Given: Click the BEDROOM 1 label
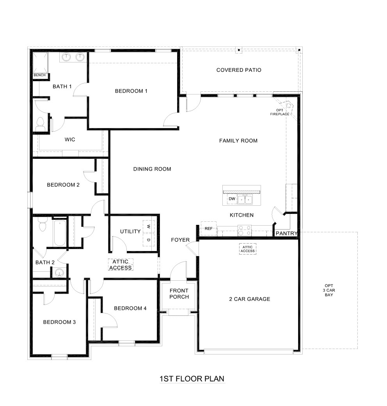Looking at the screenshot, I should pyautogui.click(x=131, y=91).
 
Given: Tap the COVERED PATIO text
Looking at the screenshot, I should pyautogui.click(x=239, y=70).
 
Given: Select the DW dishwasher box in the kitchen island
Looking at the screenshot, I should pyautogui.click(x=232, y=199).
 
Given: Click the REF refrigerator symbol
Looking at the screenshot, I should pyautogui.click(x=208, y=228).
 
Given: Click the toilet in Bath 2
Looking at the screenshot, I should pyautogui.click(x=42, y=226).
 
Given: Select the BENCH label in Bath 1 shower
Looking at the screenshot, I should pyautogui.click(x=39, y=75).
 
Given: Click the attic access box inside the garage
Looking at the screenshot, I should pyautogui.click(x=248, y=249).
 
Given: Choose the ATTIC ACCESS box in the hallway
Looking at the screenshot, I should pyautogui.click(x=121, y=265).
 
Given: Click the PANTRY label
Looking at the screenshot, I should pyautogui.click(x=287, y=233).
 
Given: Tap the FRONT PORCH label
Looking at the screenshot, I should pyautogui.click(x=179, y=294).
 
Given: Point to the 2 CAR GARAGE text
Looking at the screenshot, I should pyautogui.click(x=249, y=299).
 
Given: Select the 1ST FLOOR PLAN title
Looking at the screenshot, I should pyautogui.click(x=192, y=379).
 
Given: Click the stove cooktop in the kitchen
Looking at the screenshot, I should pyautogui.click(x=245, y=230).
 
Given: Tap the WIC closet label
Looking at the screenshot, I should pyautogui.click(x=70, y=139).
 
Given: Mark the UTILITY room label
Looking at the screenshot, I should pyautogui.click(x=130, y=231).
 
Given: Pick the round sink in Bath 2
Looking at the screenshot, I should pyautogui.click(x=59, y=272).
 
